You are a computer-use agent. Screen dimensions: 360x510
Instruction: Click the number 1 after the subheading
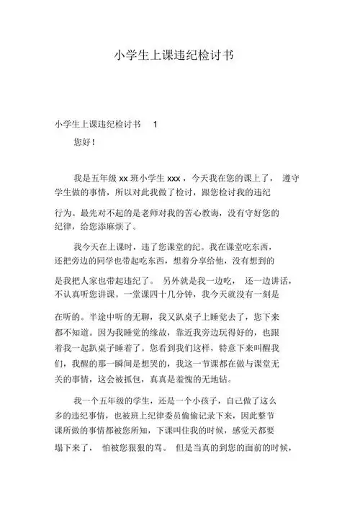tap(155, 124)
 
